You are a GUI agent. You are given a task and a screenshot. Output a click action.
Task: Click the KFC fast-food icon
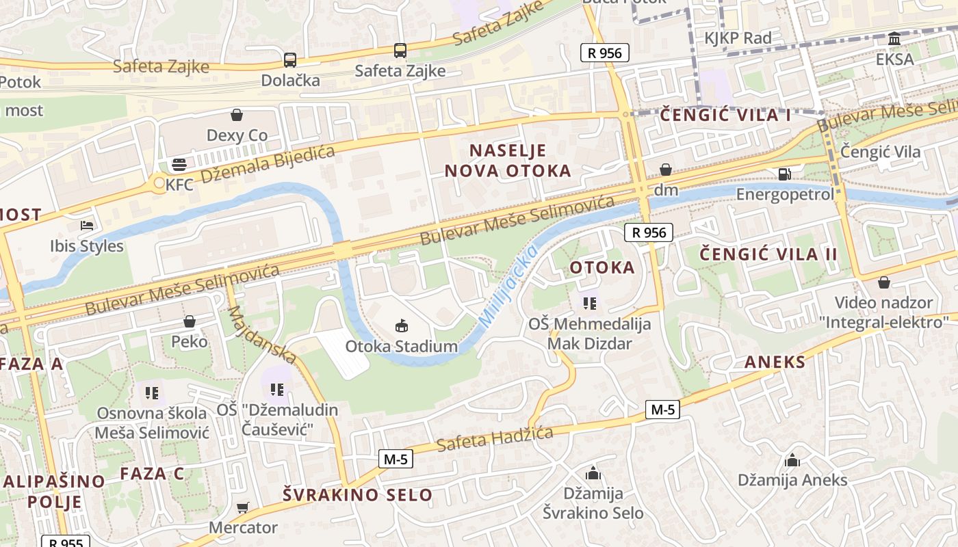pos(179,164)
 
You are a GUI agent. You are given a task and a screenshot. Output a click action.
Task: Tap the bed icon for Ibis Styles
pos(87,225)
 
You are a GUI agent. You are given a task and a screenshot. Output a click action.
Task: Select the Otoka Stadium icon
pos(402,326)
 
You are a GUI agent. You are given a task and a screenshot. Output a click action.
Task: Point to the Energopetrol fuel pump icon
pos(785,174)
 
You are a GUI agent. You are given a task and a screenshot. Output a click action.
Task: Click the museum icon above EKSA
pos(894,39)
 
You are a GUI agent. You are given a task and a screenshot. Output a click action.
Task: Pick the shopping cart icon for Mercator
pos(242,507)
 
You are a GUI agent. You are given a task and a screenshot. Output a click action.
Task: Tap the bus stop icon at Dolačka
pos(290,59)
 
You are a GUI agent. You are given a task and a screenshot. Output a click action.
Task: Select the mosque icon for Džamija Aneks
pos(792,459)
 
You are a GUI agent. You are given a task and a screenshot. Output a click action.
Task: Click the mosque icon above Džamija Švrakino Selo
pos(593,472)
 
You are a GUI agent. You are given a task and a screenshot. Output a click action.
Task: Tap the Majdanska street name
pos(261,334)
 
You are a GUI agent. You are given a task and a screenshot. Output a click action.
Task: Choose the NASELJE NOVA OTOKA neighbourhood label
pos(508,161)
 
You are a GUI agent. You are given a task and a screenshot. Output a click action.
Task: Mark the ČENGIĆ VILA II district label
pos(768,255)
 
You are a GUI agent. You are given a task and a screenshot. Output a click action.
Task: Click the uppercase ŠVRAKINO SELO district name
pos(358,495)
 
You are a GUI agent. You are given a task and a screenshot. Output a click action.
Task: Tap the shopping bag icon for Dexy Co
pos(237,114)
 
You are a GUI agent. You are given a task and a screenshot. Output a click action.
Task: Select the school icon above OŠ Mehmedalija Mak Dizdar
pos(589,303)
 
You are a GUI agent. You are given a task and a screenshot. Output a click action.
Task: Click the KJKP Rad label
pos(738,38)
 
